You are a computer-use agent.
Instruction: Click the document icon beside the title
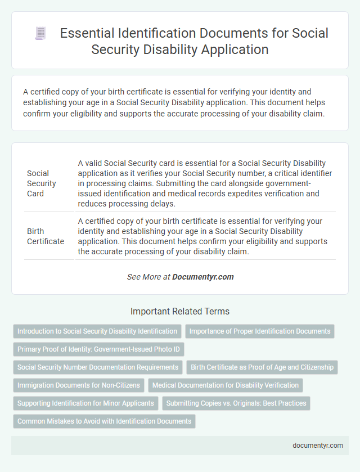pyautogui.click(x=40, y=34)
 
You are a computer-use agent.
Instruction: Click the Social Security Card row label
pyautogui.click(x=42, y=183)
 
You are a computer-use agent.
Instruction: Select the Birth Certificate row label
pyautogui.click(x=46, y=236)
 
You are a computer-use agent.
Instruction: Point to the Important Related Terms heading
pyautogui.click(x=180, y=311)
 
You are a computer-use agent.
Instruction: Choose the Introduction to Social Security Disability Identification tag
pyautogui.click(x=97, y=331)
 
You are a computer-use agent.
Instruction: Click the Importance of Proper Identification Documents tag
pyautogui.click(x=260, y=331)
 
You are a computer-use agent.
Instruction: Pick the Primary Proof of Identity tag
pyautogui.click(x=98, y=349)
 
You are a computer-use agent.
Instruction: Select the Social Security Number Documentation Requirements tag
pyautogui.click(x=97, y=367)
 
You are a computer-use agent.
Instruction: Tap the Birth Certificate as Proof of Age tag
pyautogui.click(x=262, y=367)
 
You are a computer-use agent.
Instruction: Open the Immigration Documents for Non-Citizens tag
pyautogui.click(x=79, y=385)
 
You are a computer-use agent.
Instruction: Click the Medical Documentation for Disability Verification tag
pyautogui.click(x=226, y=385)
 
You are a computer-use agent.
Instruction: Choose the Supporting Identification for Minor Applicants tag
pyautogui.click(x=85, y=403)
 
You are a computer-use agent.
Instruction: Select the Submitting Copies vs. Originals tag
pyautogui.click(x=236, y=403)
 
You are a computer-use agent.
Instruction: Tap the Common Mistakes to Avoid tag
pyautogui.click(x=104, y=421)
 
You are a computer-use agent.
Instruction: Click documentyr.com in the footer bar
pyautogui.click(x=318, y=445)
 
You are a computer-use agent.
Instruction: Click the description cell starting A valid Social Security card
pyautogui.click(x=205, y=183)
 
